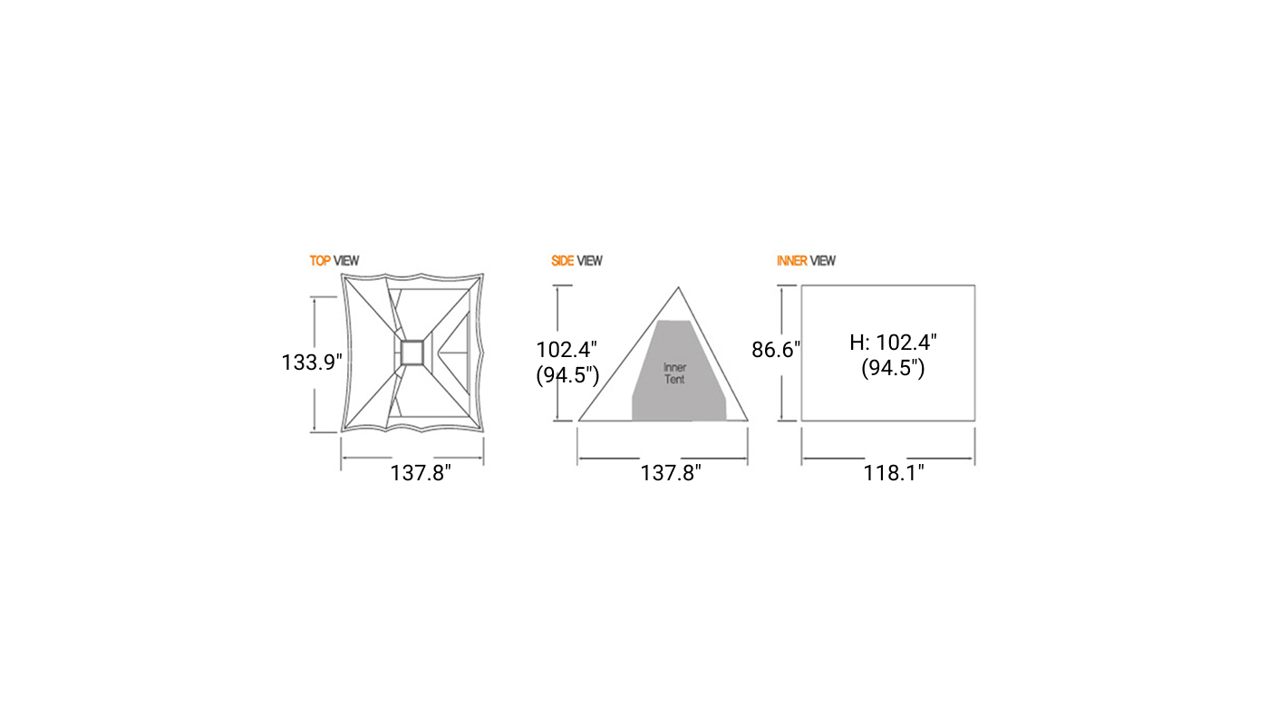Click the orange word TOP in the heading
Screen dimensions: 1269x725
(320, 261)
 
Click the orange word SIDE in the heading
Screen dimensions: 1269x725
(563, 261)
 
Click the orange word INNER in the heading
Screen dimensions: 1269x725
(792, 261)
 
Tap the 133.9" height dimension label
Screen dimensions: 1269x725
(312, 362)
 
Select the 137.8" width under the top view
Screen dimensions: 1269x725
(421, 473)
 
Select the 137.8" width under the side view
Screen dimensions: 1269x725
(671, 473)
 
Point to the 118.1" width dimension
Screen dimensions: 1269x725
(894, 473)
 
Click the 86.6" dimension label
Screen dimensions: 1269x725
(776, 350)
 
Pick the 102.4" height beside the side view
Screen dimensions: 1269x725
(567, 350)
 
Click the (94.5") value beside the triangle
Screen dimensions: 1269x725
(567, 375)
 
